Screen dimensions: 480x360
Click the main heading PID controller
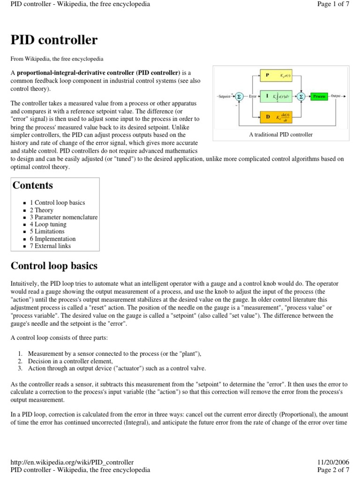coord(54,40)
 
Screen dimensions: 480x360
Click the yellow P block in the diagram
coord(276,75)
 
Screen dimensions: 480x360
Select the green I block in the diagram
coord(276,96)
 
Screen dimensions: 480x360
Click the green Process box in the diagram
coord(320,96)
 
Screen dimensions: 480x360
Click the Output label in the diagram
coord(336,96)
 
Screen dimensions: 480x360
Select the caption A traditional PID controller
coord(281,135)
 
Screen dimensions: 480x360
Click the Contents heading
coord(33,185)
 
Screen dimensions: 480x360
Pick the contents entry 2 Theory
coord(42,210)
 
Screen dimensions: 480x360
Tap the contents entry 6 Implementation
coord(52,239)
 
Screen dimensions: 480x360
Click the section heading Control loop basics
coord(54,266)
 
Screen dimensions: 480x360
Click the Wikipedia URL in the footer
coord(72,462)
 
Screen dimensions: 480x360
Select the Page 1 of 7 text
coord(333,4)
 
